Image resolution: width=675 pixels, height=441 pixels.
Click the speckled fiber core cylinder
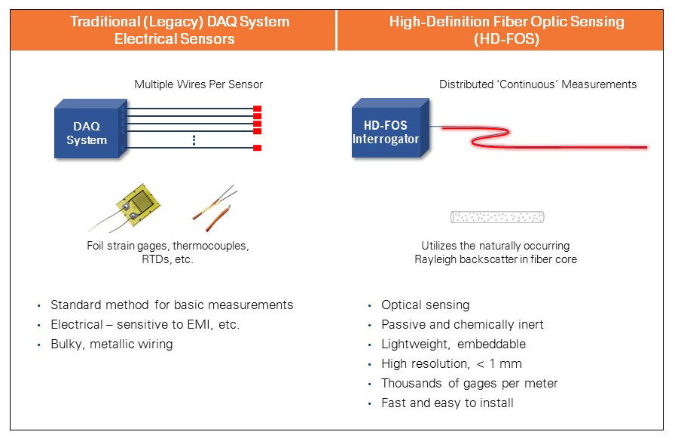coord(496,217)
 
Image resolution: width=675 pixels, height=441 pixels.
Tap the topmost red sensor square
coord(257,109)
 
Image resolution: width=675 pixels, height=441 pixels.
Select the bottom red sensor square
coord(257,148)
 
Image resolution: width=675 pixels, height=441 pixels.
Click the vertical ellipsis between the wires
coord(194,139)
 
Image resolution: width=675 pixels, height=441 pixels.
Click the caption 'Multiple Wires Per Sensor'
coord(198,84)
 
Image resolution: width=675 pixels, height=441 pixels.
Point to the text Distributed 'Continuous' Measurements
coord(538,84)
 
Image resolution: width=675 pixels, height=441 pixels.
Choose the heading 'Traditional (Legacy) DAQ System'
coord(179,21)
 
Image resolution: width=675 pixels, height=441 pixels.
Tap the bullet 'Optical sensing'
coord(425,305)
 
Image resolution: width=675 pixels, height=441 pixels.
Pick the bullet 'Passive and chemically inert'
coord(462,325)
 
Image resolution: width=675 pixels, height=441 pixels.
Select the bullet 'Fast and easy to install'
coord(447,403)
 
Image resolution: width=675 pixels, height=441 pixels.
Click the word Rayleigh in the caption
coord(436,260)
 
